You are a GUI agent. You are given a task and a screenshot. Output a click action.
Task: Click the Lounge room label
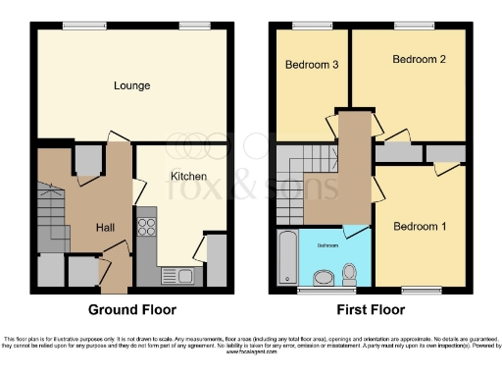click(x=131, y=86)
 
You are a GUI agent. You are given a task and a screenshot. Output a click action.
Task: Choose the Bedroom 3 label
click(x=312, y=66)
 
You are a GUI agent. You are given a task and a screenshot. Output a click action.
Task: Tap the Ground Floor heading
click(x=132, y=309)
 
